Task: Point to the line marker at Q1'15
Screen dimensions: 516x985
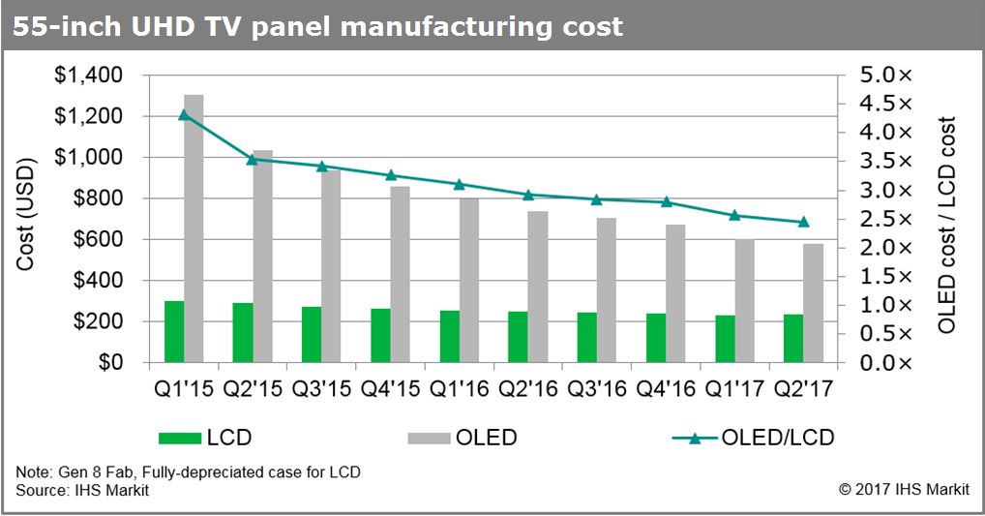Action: (184, 115)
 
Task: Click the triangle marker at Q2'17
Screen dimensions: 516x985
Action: (803, 222)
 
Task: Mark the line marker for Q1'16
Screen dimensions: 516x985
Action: (460, 184)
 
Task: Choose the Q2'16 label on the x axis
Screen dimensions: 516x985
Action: (527, 390)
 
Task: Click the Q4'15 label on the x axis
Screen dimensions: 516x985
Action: (390, 390)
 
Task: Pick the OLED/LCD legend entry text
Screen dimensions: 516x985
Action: (778, 438)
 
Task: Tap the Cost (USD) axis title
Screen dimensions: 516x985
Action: (26, 219)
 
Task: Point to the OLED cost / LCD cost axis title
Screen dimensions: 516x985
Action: (946, 225)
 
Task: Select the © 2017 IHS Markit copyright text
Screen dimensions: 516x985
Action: (904, 491)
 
